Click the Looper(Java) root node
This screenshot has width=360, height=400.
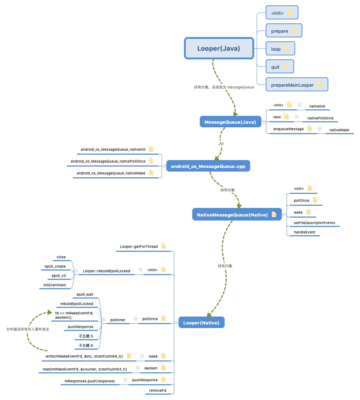pos(219,48)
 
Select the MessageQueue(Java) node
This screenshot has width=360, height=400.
pos(230,122)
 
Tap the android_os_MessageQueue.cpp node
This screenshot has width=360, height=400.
pos(208,166)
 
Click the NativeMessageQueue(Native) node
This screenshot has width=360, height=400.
pos(232,215)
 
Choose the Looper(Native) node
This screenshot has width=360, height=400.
pos(201,323)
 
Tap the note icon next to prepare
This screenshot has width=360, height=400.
pos(293,31)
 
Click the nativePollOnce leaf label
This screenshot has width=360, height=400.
pos(320,118)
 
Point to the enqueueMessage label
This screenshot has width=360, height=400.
pos(288,129)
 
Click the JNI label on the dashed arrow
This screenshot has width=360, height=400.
pos(221,144)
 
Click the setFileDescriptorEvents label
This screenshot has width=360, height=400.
pos(314,223)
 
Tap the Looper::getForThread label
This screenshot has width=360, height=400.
pos(139,247)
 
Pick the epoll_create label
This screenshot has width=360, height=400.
pos(55,267)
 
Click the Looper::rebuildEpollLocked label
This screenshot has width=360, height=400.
pos(107,271)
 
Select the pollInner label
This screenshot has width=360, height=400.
pos(118,319)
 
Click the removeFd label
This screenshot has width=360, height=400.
pos(158,390)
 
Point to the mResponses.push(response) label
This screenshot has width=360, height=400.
pos(87,381)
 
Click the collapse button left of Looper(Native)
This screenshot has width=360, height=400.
pos(176,323)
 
